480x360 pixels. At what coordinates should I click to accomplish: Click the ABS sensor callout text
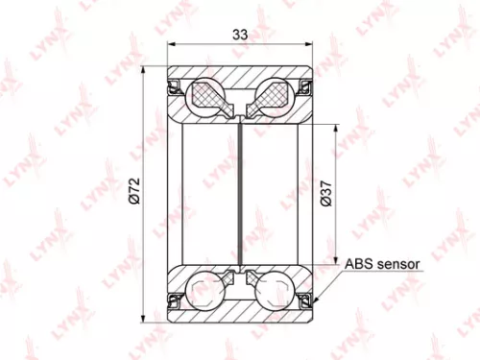point(384,261)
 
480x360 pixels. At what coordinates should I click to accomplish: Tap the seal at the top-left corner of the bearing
point(175,88)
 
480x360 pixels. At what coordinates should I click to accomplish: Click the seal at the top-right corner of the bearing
point(306,88)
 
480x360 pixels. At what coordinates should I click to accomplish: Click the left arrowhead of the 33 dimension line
point(171,44)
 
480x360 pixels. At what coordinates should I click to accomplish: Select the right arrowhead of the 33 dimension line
point(310,44)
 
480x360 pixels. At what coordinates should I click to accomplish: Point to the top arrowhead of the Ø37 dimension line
point(335,125)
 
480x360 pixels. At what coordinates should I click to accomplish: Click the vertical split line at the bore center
point(241,192)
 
